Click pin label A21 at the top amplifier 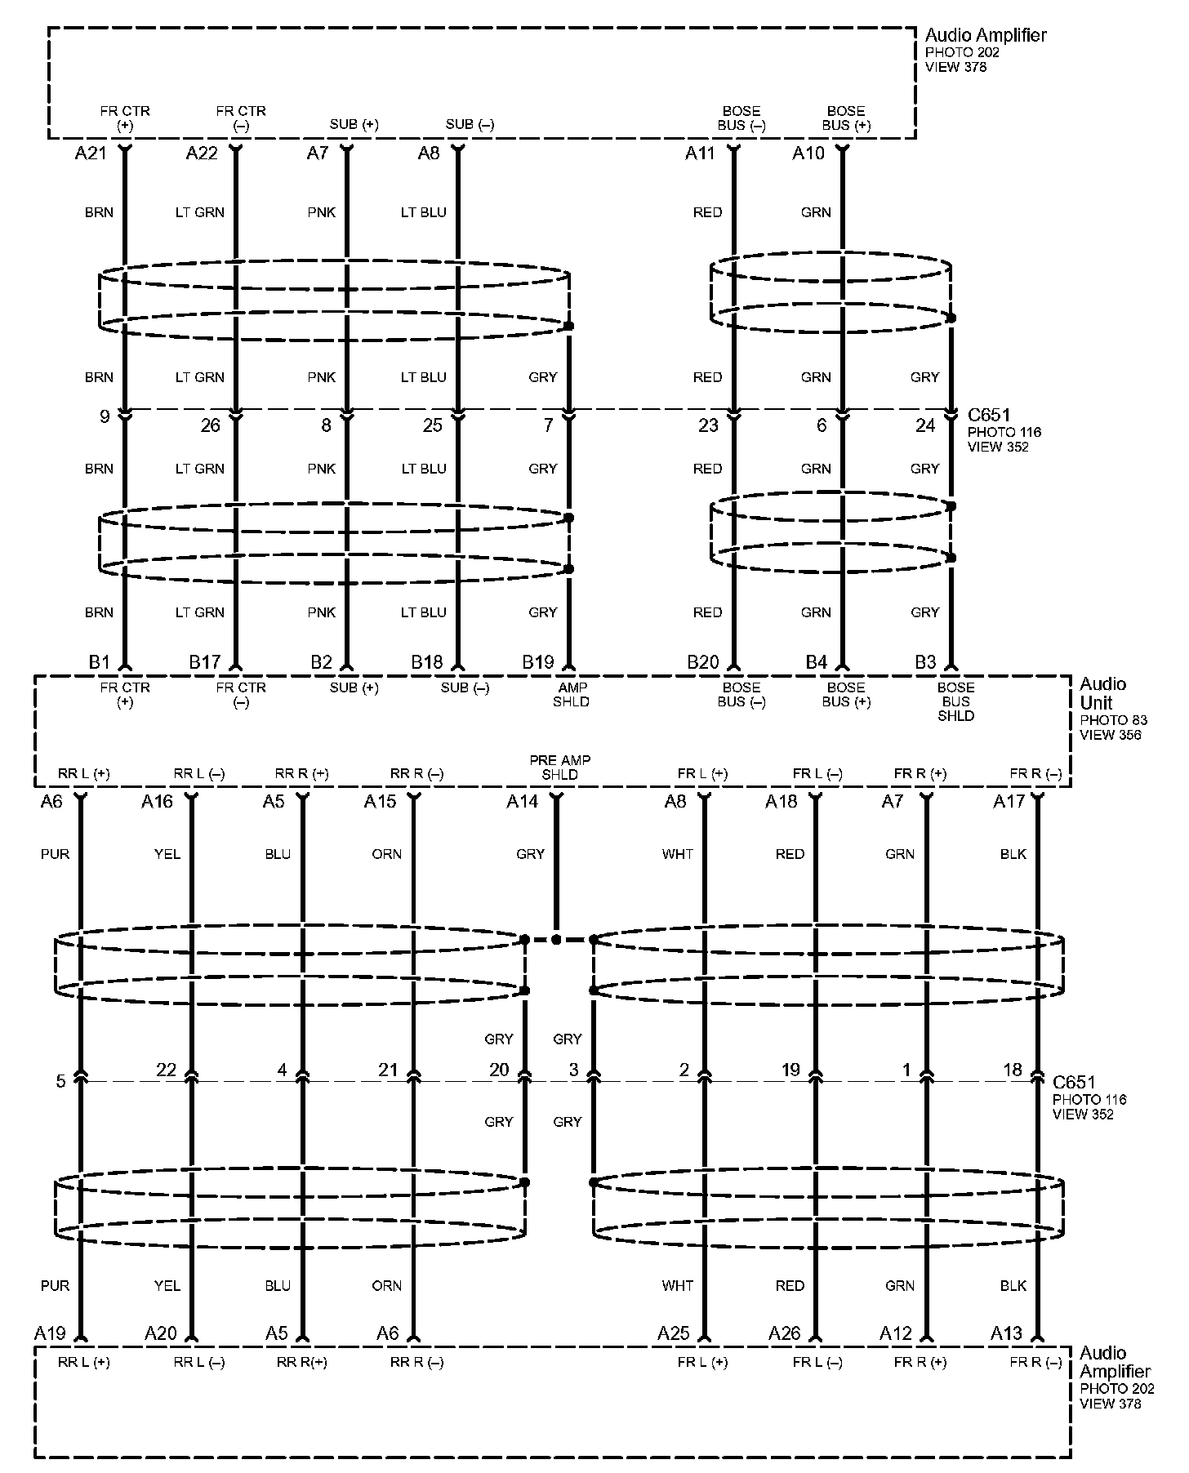pyautogui.click(x=91, y=154)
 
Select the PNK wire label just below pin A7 pyautogui.click(x=322, y=212)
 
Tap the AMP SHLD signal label pyautogui.click(x=572, y=694)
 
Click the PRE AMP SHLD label pyautogui.click(x=559, y=767)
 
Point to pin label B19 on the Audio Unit pyautogui.click(x=538, y=662)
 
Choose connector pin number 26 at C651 pyautogui.click(x=210, y=425)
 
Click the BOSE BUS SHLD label pyautogui.click(x=955, y=701)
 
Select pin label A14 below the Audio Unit pyautogui.click(x=522, y=802)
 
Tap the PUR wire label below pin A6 pyautogui.click(x=55, y=854)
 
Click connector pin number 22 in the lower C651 pyautogui.click(x=166, y=1070)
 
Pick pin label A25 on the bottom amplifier pyautogui.click(x=674, y=1333)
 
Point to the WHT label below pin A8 pyautogui.click(x=677, y=854)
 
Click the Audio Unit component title pyautogui.click(x=1102, y=693)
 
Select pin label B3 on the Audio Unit pyautogui.click(x=924, y=662)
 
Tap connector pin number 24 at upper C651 pyautogui.click(x=924, y=425)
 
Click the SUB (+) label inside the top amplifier pyautogui.click(x=354, y=125)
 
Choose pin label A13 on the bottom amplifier pyautogui.click(x=1006, y=1333)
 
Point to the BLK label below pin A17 pyautogui.click(x=1013, y=854)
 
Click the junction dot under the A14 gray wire pyautogui.click(x=556, y=940)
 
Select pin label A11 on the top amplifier pyautogui.click(x=700, y=154)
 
